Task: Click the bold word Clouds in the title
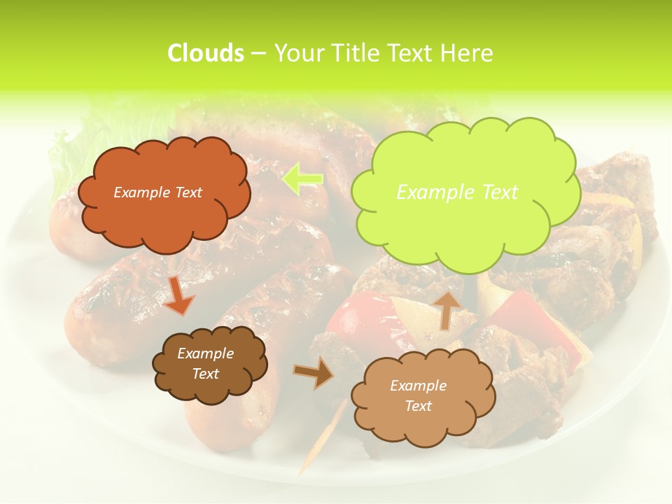pos(205,53)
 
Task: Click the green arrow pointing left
pos(302,179)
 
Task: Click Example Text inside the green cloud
pos(457,192)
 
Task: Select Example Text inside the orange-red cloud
pos(157,192)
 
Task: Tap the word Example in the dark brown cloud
pos(205,354)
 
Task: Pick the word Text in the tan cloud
pos(418,407)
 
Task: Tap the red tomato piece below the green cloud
pos(357,318)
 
